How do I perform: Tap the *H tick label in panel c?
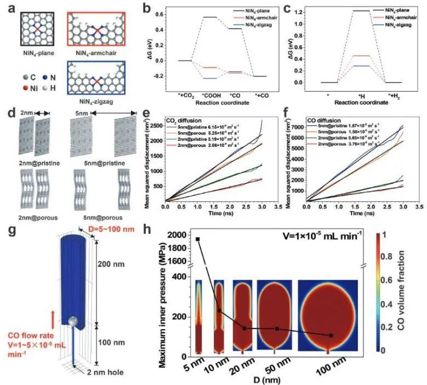tap(362, 95)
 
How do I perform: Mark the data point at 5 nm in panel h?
tap(197, 239)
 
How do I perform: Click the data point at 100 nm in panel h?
tap(330, 335)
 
